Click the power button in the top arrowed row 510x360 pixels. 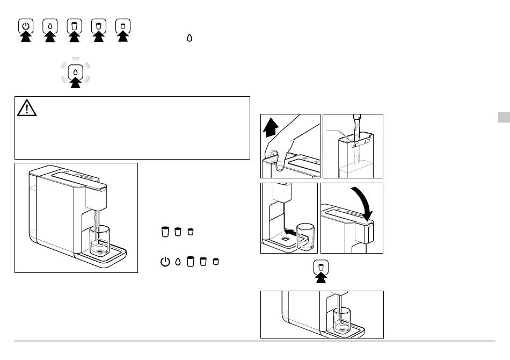[27, 25]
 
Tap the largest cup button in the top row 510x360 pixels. [75, 25]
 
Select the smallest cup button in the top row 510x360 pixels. [123, 25]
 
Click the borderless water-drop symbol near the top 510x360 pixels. [190, 39]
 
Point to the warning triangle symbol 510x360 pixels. [26, 109]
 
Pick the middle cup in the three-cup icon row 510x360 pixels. [178, 232]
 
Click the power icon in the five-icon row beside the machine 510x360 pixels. [164, 262]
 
